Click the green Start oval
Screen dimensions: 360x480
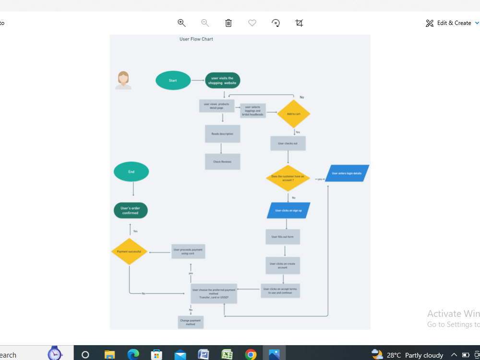coord(173,81)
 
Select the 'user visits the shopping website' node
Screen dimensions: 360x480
coord(222,81)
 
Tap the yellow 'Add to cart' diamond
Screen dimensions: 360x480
coord(294,114)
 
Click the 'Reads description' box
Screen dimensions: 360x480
coord(222,134)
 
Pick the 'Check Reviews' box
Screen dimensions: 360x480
coord(222,162)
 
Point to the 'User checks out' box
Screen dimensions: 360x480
coord(288,144)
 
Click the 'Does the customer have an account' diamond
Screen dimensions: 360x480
coord(288,178)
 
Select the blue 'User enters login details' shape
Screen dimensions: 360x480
coord(347,173)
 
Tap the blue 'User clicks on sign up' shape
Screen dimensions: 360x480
coord(288,210)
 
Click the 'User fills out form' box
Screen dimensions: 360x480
coord(283,237)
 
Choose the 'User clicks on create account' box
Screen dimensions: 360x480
coord(283,265)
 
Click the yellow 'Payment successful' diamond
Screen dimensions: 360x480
coord(129,252)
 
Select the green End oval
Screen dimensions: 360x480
coord(131,172)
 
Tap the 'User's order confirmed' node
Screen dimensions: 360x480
coord(131,210)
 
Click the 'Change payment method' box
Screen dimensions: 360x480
coord(191,322)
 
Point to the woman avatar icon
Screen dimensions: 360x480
coord(123,80)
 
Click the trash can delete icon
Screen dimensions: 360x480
coord(228,23)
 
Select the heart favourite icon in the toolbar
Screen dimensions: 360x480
coord(252,23)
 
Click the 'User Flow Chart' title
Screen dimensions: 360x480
coord(196,39)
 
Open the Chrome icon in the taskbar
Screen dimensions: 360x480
coord(251,355)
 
